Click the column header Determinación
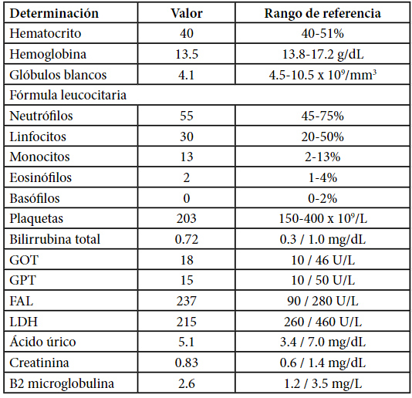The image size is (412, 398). tap(54, 13)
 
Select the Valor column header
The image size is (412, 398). tap(187, 13)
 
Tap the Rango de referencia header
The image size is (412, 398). tap(323, 14)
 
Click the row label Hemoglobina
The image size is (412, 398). tap(48, 55)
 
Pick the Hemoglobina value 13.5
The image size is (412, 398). tap(187, 54)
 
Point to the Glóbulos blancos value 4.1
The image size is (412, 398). tap(186, 75)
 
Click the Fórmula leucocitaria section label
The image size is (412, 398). tap(68, 95)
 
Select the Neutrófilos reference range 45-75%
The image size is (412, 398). tap(323, 116)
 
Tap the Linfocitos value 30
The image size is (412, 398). tap(187, 137)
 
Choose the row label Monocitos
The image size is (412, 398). tap(39, 157)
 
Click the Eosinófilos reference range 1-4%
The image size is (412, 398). tap(323, 178)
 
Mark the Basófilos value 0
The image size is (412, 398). tap(187, 198)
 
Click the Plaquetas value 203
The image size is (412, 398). tap(186, 218)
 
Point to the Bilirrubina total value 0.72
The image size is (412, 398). tap(187, 239)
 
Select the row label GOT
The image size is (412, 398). tap(24, 260)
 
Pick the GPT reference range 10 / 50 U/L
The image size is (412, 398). tap(323, 280)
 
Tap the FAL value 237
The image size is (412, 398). tap(186, 301)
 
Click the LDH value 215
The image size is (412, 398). tap(186, 322)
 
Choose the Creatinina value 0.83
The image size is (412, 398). tap(187, 363)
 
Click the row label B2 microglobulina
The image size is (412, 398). tap(62, 383)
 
